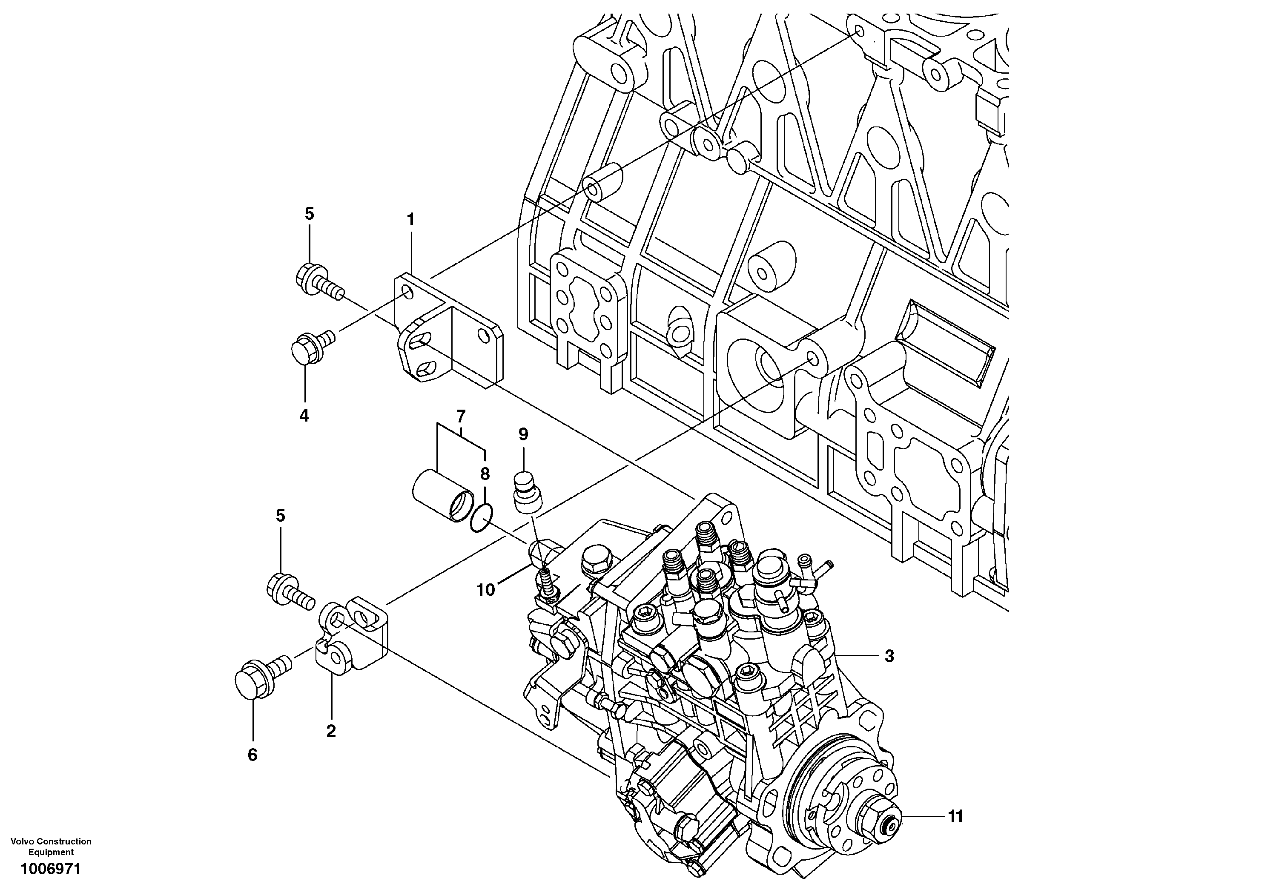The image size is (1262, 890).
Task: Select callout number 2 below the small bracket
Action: [331, 731]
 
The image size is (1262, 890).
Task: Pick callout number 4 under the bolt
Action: [304, 416]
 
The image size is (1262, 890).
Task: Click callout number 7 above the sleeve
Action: [461, 415]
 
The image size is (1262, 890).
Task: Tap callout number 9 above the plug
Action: [523, 434]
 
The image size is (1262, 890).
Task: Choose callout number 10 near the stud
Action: [485, 590]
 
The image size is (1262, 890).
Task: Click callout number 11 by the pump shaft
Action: [956, 816]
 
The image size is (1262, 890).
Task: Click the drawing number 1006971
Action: [51, 869]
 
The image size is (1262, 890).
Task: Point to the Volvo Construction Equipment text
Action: [51, 847]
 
